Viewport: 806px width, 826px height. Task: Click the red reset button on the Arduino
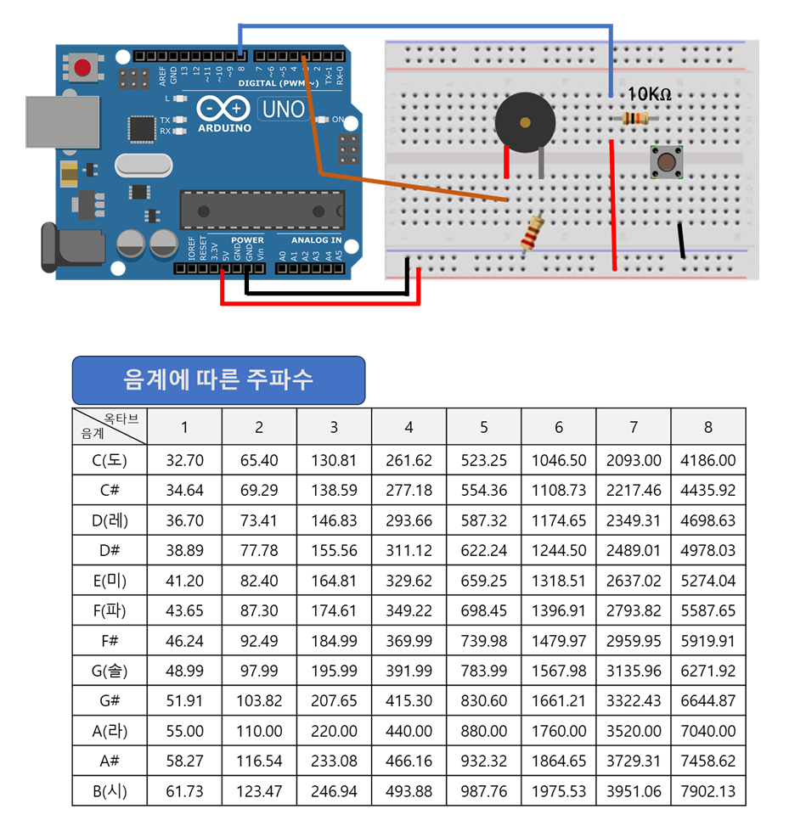point(83,67)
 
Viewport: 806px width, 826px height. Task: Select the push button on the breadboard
point(668,160)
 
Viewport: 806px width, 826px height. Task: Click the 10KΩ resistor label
point(650,94)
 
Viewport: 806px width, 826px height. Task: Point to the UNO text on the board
point(284,110)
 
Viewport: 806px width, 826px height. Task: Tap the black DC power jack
point(71,246)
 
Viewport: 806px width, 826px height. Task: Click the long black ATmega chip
point(262,209)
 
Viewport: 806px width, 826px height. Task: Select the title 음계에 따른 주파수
point(218,379)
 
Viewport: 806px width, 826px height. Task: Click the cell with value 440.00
point(409,730)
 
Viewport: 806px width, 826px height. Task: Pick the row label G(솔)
point(110,671)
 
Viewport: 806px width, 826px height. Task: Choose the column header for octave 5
point(483,427)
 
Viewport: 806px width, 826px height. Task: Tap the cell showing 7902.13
point(707,790)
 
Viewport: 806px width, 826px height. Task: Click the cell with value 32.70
point(184,461)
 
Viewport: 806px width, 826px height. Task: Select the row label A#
point(110,761)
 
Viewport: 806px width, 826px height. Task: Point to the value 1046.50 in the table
point(558,461)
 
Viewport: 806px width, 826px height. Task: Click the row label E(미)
point(110,581)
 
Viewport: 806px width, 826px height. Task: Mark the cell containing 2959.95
point(633,641)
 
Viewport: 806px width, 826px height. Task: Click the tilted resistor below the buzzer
point(533,232)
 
